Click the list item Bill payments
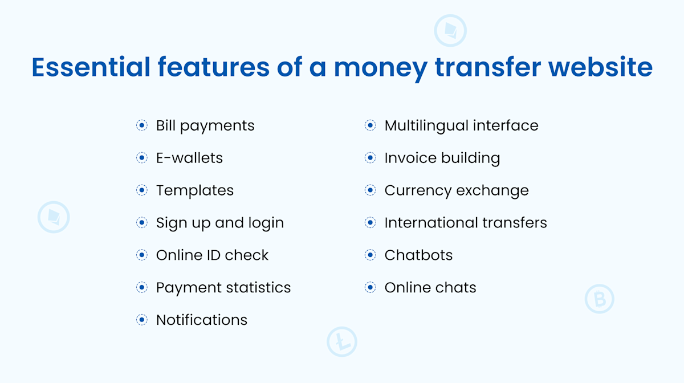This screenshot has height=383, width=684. click(x=205, y=125)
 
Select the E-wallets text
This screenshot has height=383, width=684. click(x=189, y=158)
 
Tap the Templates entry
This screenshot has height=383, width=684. click(x=195, y=190)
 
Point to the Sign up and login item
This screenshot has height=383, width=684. click(x=220, y=223)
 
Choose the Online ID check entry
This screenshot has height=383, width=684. click(x=212, y=255)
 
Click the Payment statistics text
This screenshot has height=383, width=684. click(x=223, y=287)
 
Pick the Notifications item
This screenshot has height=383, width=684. click(x=202, y=320)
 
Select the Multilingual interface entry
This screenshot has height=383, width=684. click(x=461, y=125)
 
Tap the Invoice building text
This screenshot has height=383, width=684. click(x=442, y=158)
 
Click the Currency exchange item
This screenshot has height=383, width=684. click(x=457, y=190)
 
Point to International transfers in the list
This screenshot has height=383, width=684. click(x=466, y=223)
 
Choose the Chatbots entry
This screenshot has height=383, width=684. click(x=418, y=255)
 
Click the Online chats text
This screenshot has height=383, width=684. click(x=430, y=287)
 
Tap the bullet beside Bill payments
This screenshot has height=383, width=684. click(x=142, y=125)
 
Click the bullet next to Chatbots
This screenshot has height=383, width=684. click(x=370, y=255)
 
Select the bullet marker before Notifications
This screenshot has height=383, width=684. click(x=142, y=320)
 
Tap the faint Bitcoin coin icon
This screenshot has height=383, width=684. click(x=599, y=299)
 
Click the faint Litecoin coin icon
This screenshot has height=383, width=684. click(x=341, y=342)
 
